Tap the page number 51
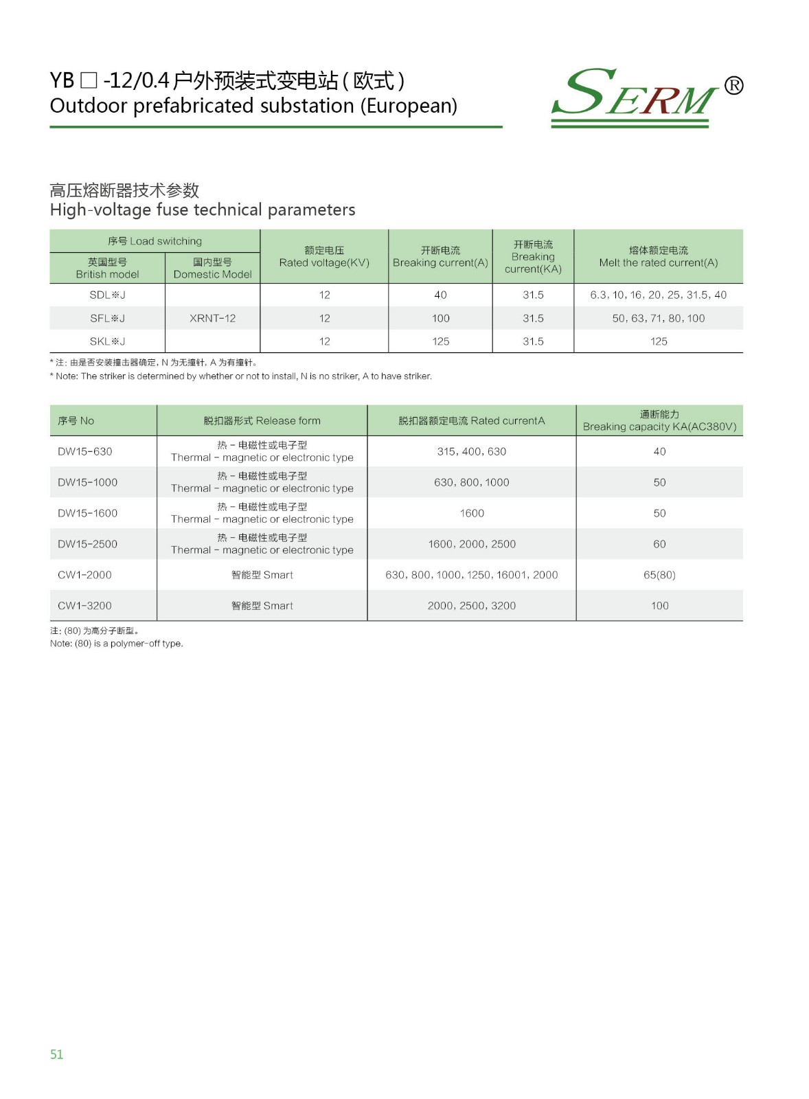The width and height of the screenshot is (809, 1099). (x=56, y=1054)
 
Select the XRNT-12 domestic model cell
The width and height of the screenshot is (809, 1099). (x=212, y=318)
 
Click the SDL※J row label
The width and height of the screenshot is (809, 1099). (x=107, y=295)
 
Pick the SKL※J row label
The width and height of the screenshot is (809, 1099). (x=107, y=341)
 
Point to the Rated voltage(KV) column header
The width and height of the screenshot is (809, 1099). (x=324, y=257)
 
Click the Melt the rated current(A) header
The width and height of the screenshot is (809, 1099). (x=658, y=257)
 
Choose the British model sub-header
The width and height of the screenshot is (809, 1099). (x=107, y=268)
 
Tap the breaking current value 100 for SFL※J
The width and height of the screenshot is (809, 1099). (x=440, y=318)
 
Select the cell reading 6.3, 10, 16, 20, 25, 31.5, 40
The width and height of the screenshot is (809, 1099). (x=658, y=295)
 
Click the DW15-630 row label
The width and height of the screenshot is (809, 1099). (x=85, y=451)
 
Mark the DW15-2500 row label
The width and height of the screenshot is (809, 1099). (x=87, y=544)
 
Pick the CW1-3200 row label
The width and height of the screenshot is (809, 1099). (x=84, y=606)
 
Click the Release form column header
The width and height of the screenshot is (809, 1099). (x=262, y=420)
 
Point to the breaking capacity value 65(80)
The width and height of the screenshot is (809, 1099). (x=659, y=575)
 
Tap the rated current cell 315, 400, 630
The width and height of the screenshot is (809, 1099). (x=471, y=451)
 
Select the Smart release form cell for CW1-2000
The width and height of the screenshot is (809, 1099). (x=262, y=575)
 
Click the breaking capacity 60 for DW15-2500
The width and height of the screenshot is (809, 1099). (x=659, y=544)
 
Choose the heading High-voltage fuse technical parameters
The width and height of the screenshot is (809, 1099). (x=203, y=209)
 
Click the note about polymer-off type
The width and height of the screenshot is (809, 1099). (x=117, y=644)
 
